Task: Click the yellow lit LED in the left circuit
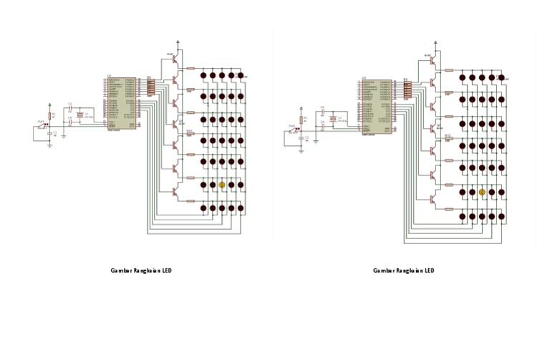[221, 185]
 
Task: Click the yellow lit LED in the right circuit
[482, 192]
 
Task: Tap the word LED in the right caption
[428, 271]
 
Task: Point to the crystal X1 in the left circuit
[79, 115]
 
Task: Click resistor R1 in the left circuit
[49, 115]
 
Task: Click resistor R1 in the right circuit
[301, 119]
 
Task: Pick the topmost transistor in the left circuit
[174, 63]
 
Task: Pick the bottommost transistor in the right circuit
[433, 200]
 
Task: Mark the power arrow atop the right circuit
[438, 43]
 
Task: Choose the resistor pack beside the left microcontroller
[150, 87]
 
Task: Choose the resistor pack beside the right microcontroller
[407, 89]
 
